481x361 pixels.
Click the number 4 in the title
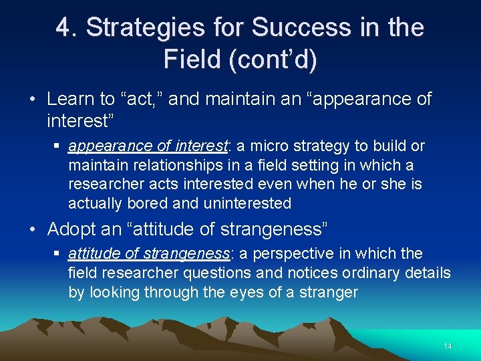tap(63, 27)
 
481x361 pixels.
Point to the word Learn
tap(71, 99)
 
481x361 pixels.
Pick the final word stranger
tap(334, 292)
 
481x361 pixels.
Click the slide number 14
tap(448, 346)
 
